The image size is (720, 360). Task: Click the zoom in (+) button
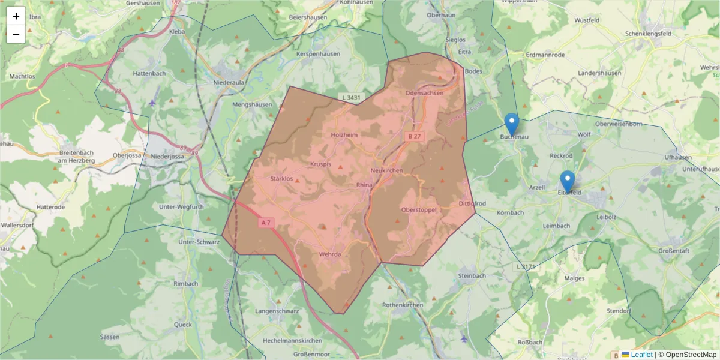pos(16,16)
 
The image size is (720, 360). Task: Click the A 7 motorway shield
pos(266,223)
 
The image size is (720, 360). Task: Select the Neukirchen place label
pos(387,171)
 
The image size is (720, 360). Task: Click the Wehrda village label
pos(330,254)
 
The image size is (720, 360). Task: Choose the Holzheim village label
pos(344,135)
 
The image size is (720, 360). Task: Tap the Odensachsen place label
pos(424,93)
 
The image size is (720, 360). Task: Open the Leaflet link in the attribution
pos(641,355)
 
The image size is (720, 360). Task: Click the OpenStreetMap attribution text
pos(687,355)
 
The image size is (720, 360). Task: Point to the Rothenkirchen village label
pos(403,305)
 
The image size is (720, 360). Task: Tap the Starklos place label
pos(281,179)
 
